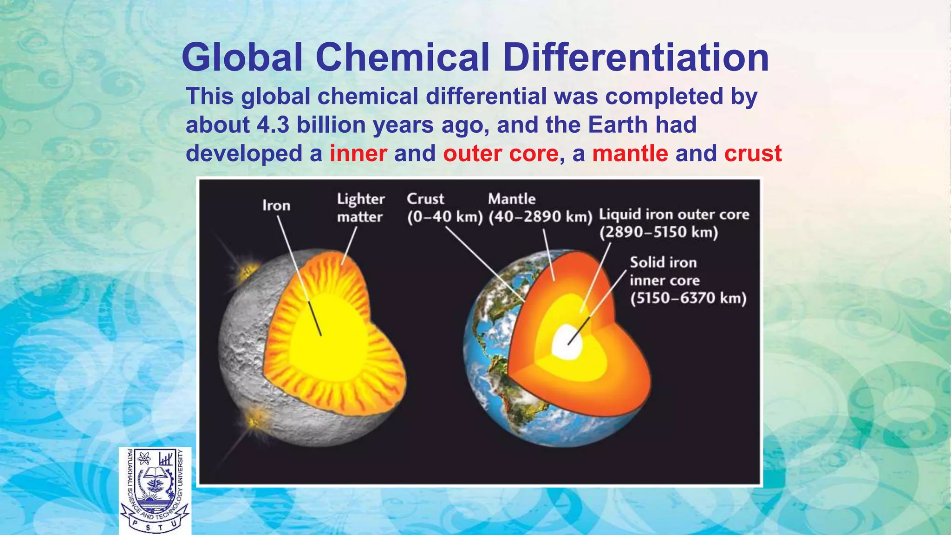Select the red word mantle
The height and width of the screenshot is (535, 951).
[630, 154]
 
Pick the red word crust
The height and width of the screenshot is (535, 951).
[753, 154]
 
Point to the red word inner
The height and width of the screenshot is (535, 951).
[358, 154]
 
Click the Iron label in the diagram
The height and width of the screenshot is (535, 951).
[276, 205]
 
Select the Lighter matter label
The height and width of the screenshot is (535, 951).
[361, 208]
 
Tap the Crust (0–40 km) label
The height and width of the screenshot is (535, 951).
[444, 208]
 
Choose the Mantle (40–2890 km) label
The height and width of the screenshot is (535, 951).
[540, 208]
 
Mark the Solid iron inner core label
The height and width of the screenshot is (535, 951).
[688, 280]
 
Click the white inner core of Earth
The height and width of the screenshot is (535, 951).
[568, 342]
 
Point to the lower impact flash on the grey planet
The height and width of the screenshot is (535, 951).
[254, 421]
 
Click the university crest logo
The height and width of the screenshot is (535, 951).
[155, 490]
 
